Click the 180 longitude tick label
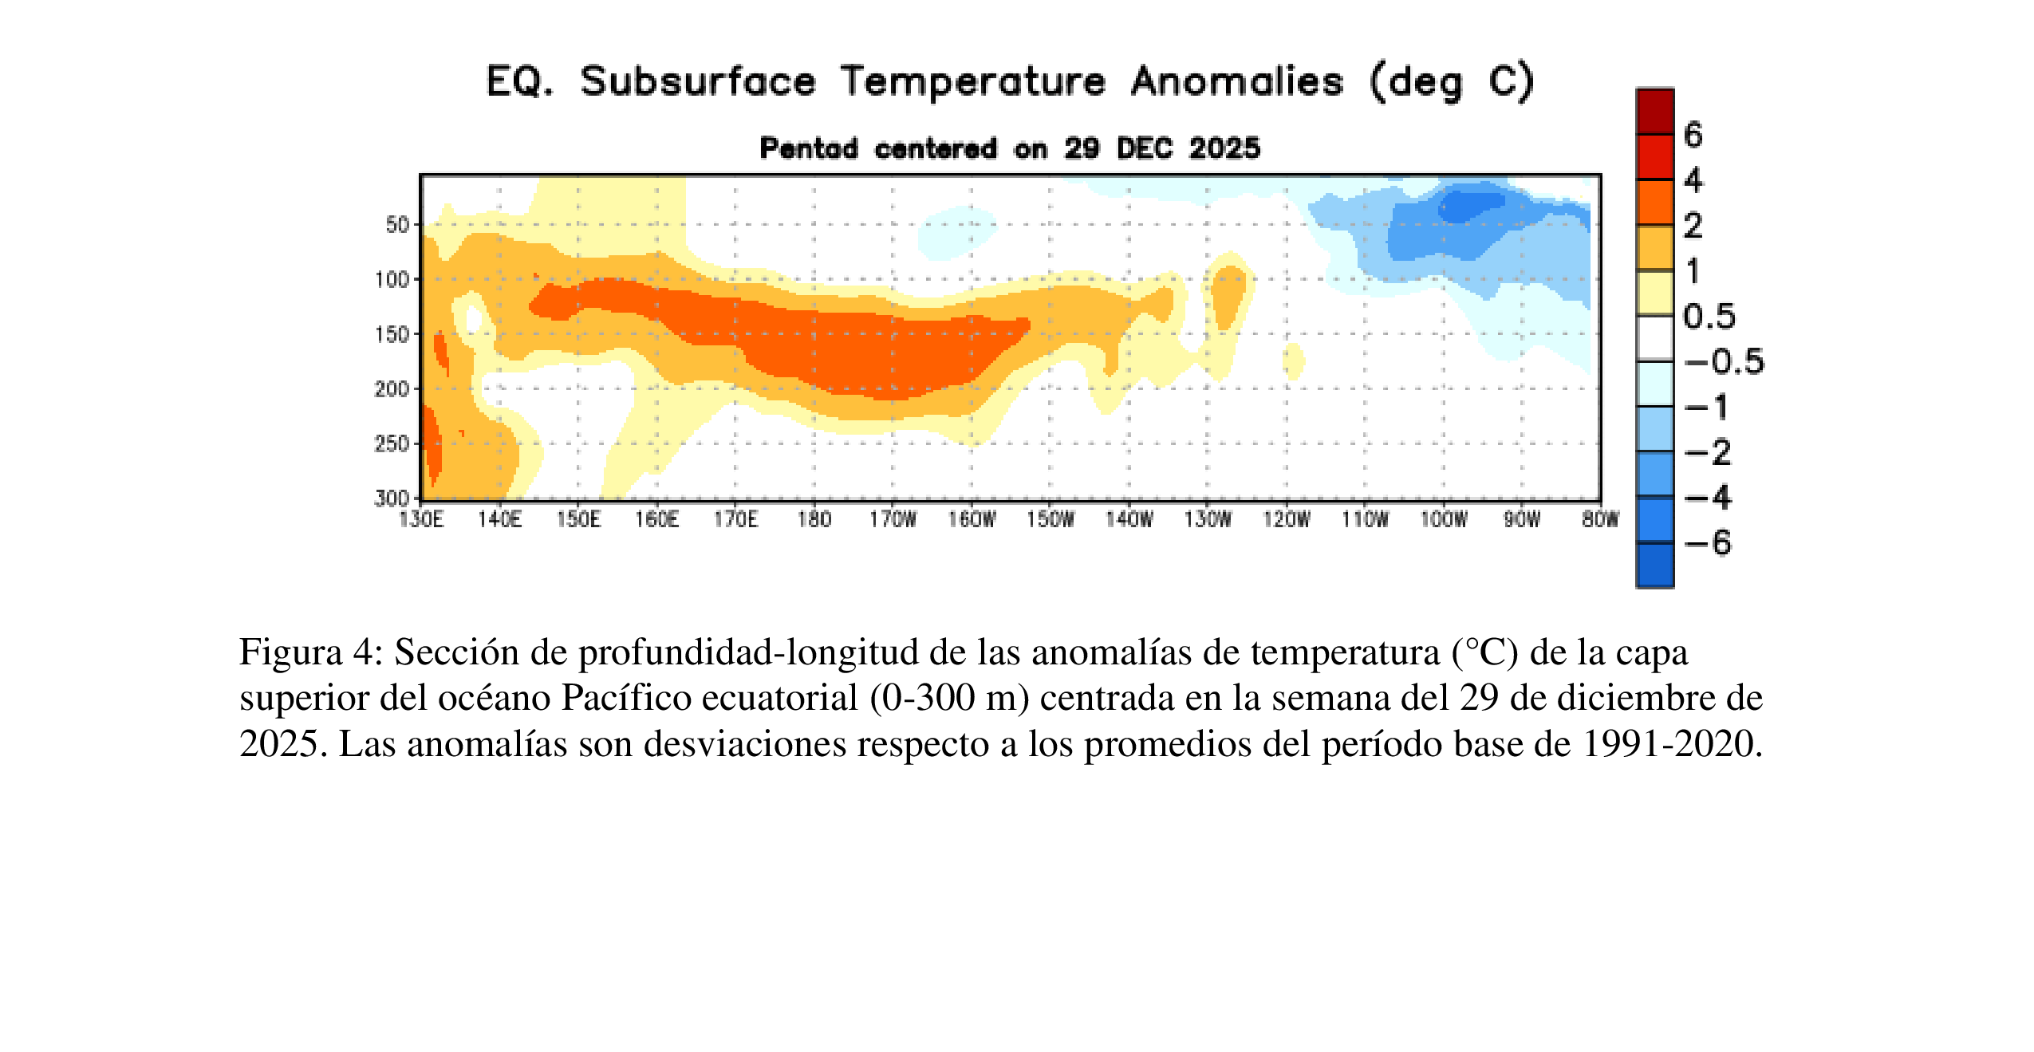point(814,520)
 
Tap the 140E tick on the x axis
point(499,520)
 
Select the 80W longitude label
point(1599,520)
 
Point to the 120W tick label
point(1286,520)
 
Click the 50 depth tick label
point(397,225)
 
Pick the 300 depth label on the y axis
point(392,498)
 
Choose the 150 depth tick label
point(392,334)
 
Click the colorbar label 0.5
point(1709,317)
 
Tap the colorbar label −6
point(1708,543)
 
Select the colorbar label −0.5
point(1724,362)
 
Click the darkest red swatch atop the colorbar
point(1655,112)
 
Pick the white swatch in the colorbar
point(1655,339)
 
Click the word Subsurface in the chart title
point(698,81)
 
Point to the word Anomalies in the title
point(1236,81)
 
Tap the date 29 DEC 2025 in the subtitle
point(1162,148)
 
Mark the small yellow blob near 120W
point(1293,361)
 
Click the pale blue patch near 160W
point(956,231)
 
